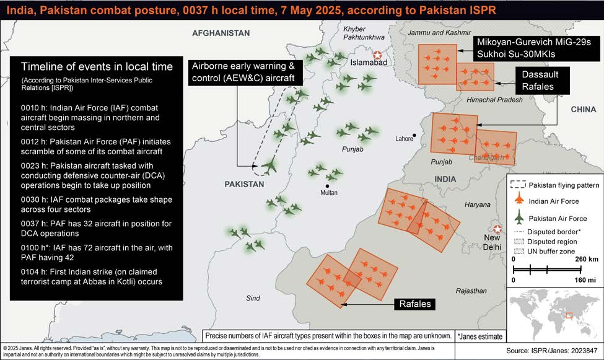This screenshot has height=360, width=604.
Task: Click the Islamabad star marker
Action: tap(377, 56)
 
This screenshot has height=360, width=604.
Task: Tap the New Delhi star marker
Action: tap(497, 229)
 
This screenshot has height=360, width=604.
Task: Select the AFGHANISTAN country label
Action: tap(221, 33)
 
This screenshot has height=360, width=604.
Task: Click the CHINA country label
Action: tap(583, 109)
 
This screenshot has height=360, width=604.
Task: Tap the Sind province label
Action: tap(253, 298)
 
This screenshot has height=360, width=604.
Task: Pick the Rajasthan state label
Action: tap(470, 291)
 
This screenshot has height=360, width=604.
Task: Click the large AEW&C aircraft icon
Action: tap(269, 166)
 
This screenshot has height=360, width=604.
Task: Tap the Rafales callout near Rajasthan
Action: tap(415, 304)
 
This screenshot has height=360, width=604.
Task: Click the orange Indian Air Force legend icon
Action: tap(519, 201)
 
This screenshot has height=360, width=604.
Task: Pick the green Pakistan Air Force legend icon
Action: tap(519, 218)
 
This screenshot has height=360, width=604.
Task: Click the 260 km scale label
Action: tap(584, 259)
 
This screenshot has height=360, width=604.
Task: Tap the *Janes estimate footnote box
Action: tap(481, 335)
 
